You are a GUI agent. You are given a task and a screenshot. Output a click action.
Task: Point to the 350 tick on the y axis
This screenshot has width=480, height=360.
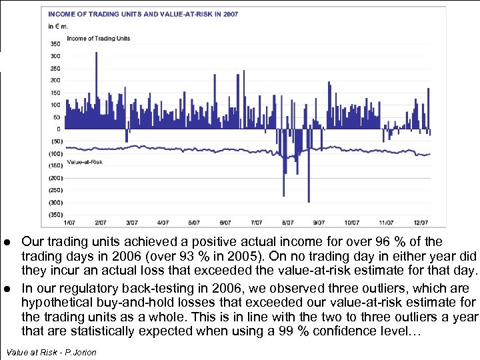pyautogui.click(x=55, y=44)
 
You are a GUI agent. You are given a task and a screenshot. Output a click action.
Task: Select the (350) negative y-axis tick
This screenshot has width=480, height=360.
pyautogui.click(x=54, y=215)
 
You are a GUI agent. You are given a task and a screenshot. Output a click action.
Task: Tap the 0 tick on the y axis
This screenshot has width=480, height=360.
pyautogui.click(x=58, y=129)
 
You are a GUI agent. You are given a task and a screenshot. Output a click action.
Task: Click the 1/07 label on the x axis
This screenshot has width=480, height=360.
pyautogui.click(x=69, y=223)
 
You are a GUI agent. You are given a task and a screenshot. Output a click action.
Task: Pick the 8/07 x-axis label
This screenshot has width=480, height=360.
pyautogui.click(x=287, y=223)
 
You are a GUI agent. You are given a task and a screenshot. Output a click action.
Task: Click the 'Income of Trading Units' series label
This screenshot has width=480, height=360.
pyautogui.click(x=98, y=39)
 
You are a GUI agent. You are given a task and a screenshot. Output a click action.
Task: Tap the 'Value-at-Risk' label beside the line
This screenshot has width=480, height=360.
pyautogui.click(x=84, y=163)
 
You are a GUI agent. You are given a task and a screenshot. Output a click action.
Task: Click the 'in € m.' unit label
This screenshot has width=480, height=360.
pyautogui.click(x=58, y=27)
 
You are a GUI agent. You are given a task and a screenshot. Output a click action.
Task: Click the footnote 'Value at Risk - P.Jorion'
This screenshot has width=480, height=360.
pyautogui.click(x=51, y=352)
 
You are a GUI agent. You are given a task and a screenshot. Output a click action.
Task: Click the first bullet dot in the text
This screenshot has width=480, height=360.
pyautogui.click(x=6, y=241)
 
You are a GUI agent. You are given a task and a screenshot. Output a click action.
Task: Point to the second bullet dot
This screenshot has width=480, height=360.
pyautogui.click(x=6, y=288)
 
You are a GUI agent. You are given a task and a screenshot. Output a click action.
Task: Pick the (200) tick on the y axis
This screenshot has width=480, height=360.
pyautogui.click(x=54, y=178)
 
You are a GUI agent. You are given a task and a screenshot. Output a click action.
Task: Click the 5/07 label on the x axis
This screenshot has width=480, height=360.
pyautogui.click(x=194, y=223)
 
